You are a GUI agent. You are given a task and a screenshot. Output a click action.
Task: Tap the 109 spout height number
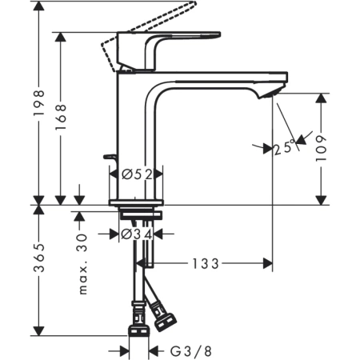[322, 148]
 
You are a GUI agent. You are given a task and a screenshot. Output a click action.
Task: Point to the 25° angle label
[281, 148]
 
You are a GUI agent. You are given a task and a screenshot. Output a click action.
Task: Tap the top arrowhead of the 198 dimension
[38, 6]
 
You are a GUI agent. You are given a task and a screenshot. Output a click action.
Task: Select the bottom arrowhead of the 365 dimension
[38, 331]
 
